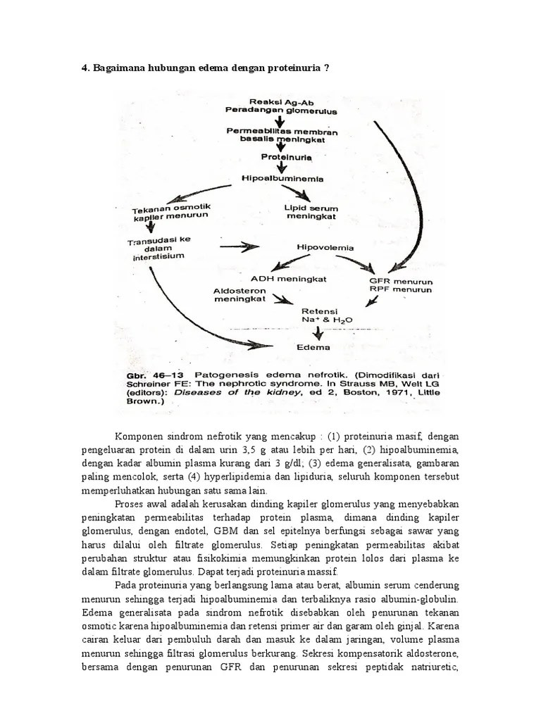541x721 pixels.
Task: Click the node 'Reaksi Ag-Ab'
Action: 270,101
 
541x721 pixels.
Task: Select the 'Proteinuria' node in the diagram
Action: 276,156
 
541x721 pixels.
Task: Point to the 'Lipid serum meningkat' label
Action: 311,212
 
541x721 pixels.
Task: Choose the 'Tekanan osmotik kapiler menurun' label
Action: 171,212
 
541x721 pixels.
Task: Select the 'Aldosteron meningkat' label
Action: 240,295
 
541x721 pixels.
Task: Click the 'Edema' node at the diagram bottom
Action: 313,347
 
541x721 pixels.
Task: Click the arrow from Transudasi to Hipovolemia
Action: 239,247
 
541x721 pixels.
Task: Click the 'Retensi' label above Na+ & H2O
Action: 319,311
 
